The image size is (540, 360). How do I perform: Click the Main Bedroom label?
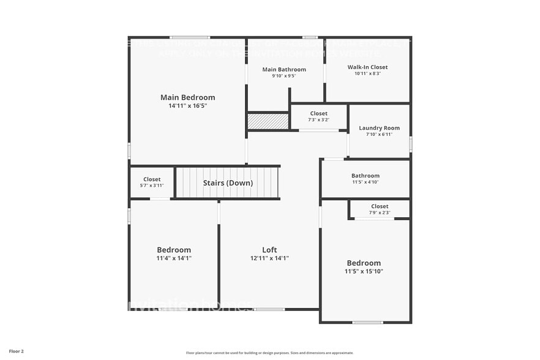point(187,97)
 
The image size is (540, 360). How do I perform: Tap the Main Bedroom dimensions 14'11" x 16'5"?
point(187,106)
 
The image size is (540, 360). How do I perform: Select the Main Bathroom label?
point(284,70)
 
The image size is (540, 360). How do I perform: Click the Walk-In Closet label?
point(367,67)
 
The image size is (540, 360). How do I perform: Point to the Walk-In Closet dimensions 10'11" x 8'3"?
point(367,73)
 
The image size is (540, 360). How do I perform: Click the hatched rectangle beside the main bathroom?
point(268,121)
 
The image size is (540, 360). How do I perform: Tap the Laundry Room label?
point(379,128)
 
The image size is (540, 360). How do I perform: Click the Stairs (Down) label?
point(228,183)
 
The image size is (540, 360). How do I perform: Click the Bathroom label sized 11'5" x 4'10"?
point(366,176)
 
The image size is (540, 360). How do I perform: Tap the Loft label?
point(269,250)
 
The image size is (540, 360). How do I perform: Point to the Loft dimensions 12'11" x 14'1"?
point(269,258)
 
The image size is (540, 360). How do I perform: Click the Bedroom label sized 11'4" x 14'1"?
point(174,250)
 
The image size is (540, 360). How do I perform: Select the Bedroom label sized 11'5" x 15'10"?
point(364,263)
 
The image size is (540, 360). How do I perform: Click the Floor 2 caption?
point(17,351)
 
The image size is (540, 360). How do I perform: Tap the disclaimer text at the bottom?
point(269,353)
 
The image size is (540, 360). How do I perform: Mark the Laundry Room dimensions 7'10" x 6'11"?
point(379,135)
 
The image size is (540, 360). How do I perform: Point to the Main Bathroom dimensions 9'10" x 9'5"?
point(284,77)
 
